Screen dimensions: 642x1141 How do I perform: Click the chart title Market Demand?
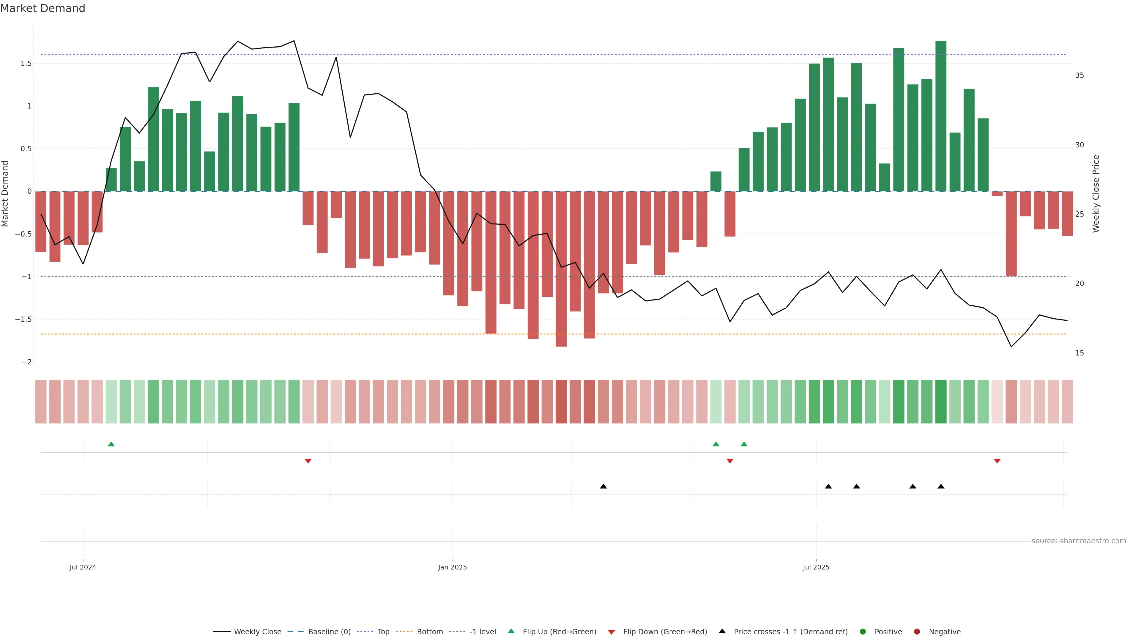pyautogui.click(x=42, y=8)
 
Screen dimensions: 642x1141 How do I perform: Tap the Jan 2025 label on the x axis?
pyautogui.click(x=452, y=567)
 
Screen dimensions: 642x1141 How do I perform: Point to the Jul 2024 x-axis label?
pyautogui.click(x=83, y=567)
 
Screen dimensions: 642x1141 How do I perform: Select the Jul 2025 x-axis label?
pyautogui.click(x=816, y=567)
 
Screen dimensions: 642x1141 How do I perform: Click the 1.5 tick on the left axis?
pyautogui.click(x=26, y=63)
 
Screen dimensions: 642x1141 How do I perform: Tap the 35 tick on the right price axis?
pyautogui.click(x=1079, y=75)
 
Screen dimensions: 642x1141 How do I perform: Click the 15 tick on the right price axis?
pyautogui.click(x=1079, y=353)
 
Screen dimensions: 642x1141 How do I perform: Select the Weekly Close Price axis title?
pyautogui.click(x=1096, y=193)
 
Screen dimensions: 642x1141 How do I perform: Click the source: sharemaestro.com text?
pyautogui.click(x=1079, y=541)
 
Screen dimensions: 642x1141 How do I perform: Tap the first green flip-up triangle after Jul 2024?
pyautogui.click(x=111, y=444)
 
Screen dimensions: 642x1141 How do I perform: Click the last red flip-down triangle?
pyautogui.click(x=997, y=461)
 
